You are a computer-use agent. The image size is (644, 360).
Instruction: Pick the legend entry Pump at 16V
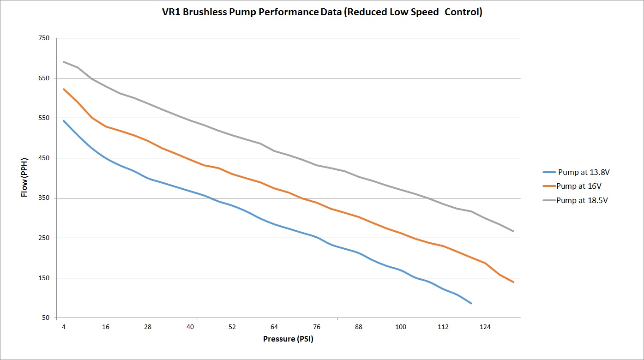(x=578, y=186)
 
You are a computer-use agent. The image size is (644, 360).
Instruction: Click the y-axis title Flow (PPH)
(x=24, y=178)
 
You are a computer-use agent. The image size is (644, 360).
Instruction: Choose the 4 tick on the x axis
(x=64, y=327)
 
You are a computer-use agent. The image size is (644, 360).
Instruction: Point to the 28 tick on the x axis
(x=148, y=327)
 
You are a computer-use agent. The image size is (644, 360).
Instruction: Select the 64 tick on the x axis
(x=274, y=327)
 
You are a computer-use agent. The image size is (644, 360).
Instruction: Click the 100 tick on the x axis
(x=401, y=327)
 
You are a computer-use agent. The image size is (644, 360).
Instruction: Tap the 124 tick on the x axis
(x=485, y=327)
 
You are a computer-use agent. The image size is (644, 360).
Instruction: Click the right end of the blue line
(x=471, y=303)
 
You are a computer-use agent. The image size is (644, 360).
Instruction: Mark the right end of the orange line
(x=513, y=282)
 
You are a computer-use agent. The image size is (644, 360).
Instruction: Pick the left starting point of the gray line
(x=64, y=62)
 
